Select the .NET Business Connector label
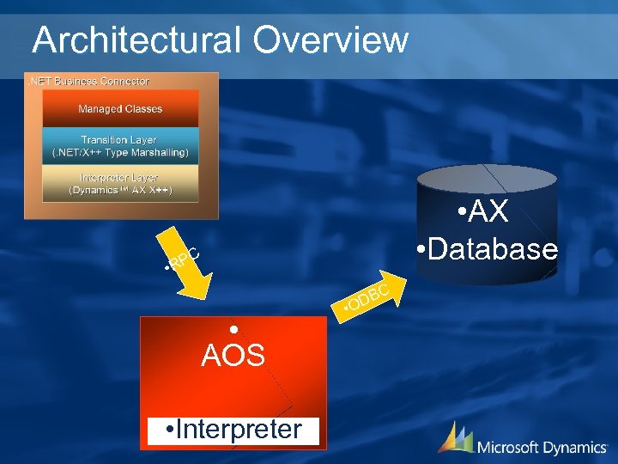tap(89, 81)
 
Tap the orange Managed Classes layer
tap(120, 109)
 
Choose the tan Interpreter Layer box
tap(120, 183)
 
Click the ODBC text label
tap(367, 297)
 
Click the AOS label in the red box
tap(233, 355)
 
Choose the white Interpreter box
tap(233, 430)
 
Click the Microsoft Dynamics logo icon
tap(455, 437)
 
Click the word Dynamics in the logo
tap(575, 447)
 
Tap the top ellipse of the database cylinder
tap(486, 179)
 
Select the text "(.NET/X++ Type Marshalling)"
tap(120, 153)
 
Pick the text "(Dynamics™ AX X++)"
tap(120, 190)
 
